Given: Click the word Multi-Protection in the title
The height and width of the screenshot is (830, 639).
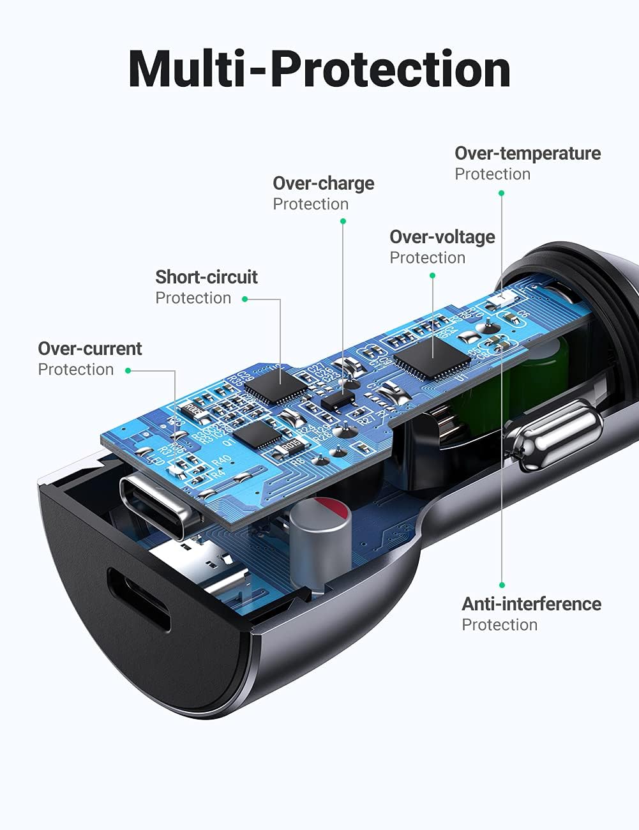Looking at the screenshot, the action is point(319,68).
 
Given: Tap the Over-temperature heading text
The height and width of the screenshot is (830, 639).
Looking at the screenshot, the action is point(527,154).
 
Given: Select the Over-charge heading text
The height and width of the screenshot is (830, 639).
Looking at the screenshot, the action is point(323,184).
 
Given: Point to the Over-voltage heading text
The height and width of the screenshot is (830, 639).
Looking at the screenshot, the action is point(442,238).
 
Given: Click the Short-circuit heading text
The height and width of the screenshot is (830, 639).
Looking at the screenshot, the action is point(206,278).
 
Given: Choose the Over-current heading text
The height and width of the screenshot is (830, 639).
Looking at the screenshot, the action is point(89,349).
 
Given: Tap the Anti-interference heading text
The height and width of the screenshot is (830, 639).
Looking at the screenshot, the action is point(531,605).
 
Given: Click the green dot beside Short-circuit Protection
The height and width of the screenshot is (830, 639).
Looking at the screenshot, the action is point(245,299).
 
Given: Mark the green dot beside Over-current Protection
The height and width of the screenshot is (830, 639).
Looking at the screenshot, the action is point(128,370).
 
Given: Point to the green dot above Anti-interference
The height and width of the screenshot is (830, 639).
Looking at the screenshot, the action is point(502,585).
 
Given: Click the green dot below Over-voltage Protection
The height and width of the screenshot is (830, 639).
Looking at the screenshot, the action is point(432,276).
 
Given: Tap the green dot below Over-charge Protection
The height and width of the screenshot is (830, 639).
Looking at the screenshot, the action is point(343,222).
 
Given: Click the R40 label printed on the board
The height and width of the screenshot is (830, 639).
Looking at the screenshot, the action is point(221,461).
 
